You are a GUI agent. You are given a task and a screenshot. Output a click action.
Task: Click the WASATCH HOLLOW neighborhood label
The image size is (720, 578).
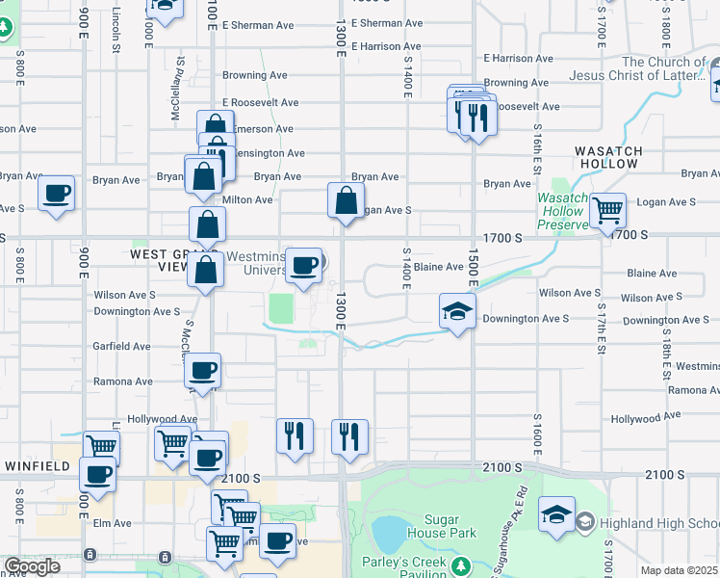coord(606,157)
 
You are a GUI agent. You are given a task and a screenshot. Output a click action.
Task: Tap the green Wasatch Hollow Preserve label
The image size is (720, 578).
coord(562,210)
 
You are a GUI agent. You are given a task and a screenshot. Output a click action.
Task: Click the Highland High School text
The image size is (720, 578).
coord(658,523)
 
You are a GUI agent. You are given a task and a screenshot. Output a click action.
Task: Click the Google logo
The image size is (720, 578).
coord(32,567)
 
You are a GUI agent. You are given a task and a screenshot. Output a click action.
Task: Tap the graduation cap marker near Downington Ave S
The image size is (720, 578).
coord(458,312)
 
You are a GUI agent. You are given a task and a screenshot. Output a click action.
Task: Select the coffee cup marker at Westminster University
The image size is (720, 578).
coord(304,266)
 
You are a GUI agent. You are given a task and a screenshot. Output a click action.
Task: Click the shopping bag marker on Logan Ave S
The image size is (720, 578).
coord(346,201)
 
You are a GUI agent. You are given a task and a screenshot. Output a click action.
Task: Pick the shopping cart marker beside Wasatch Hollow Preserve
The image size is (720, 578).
coord(607,209)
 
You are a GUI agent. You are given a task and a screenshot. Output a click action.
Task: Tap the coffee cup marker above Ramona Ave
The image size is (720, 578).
coord(203,371)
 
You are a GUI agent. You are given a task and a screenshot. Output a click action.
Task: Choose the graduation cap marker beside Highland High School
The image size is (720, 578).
coord(556,514)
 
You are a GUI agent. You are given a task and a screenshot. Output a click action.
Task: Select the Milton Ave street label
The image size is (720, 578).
coord(248,199)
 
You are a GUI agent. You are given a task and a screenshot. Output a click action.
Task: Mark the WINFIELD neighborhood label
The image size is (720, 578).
coord(37,466)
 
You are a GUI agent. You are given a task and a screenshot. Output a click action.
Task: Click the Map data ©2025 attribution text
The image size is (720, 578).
coord(680,570)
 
